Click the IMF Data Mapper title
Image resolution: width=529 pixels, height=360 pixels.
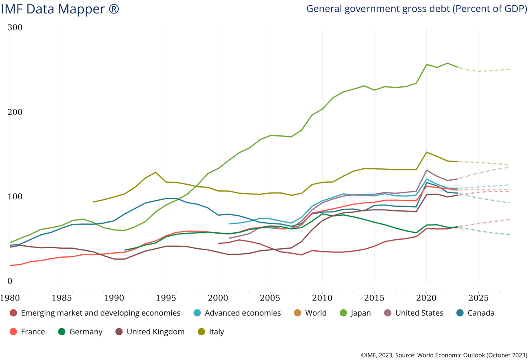[60, 9]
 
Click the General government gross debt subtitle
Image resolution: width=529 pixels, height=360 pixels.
[416, 9]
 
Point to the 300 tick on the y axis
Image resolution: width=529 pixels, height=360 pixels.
[15, 27]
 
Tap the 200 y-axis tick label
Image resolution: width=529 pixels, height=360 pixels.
[15, 112]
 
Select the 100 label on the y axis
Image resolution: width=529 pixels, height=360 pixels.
[15, 197]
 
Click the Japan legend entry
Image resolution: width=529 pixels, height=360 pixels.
[361, 313]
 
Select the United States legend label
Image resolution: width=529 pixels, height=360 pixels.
[419, 313]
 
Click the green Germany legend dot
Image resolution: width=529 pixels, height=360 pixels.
[62, 332]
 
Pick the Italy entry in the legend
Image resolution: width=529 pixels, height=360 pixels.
[216, 332]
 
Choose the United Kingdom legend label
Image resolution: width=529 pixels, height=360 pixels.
[155, 332]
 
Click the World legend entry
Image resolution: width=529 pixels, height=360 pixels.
[316, 313]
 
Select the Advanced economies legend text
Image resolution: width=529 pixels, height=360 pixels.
[243, 313]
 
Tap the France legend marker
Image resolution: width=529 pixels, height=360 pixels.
[13, 332]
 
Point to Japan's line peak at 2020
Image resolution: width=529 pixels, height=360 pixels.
[426, 64]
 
